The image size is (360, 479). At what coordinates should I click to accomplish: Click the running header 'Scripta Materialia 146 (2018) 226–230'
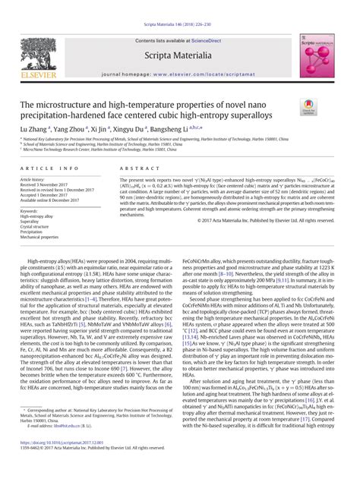pyautogui.click(x=180, y=5)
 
